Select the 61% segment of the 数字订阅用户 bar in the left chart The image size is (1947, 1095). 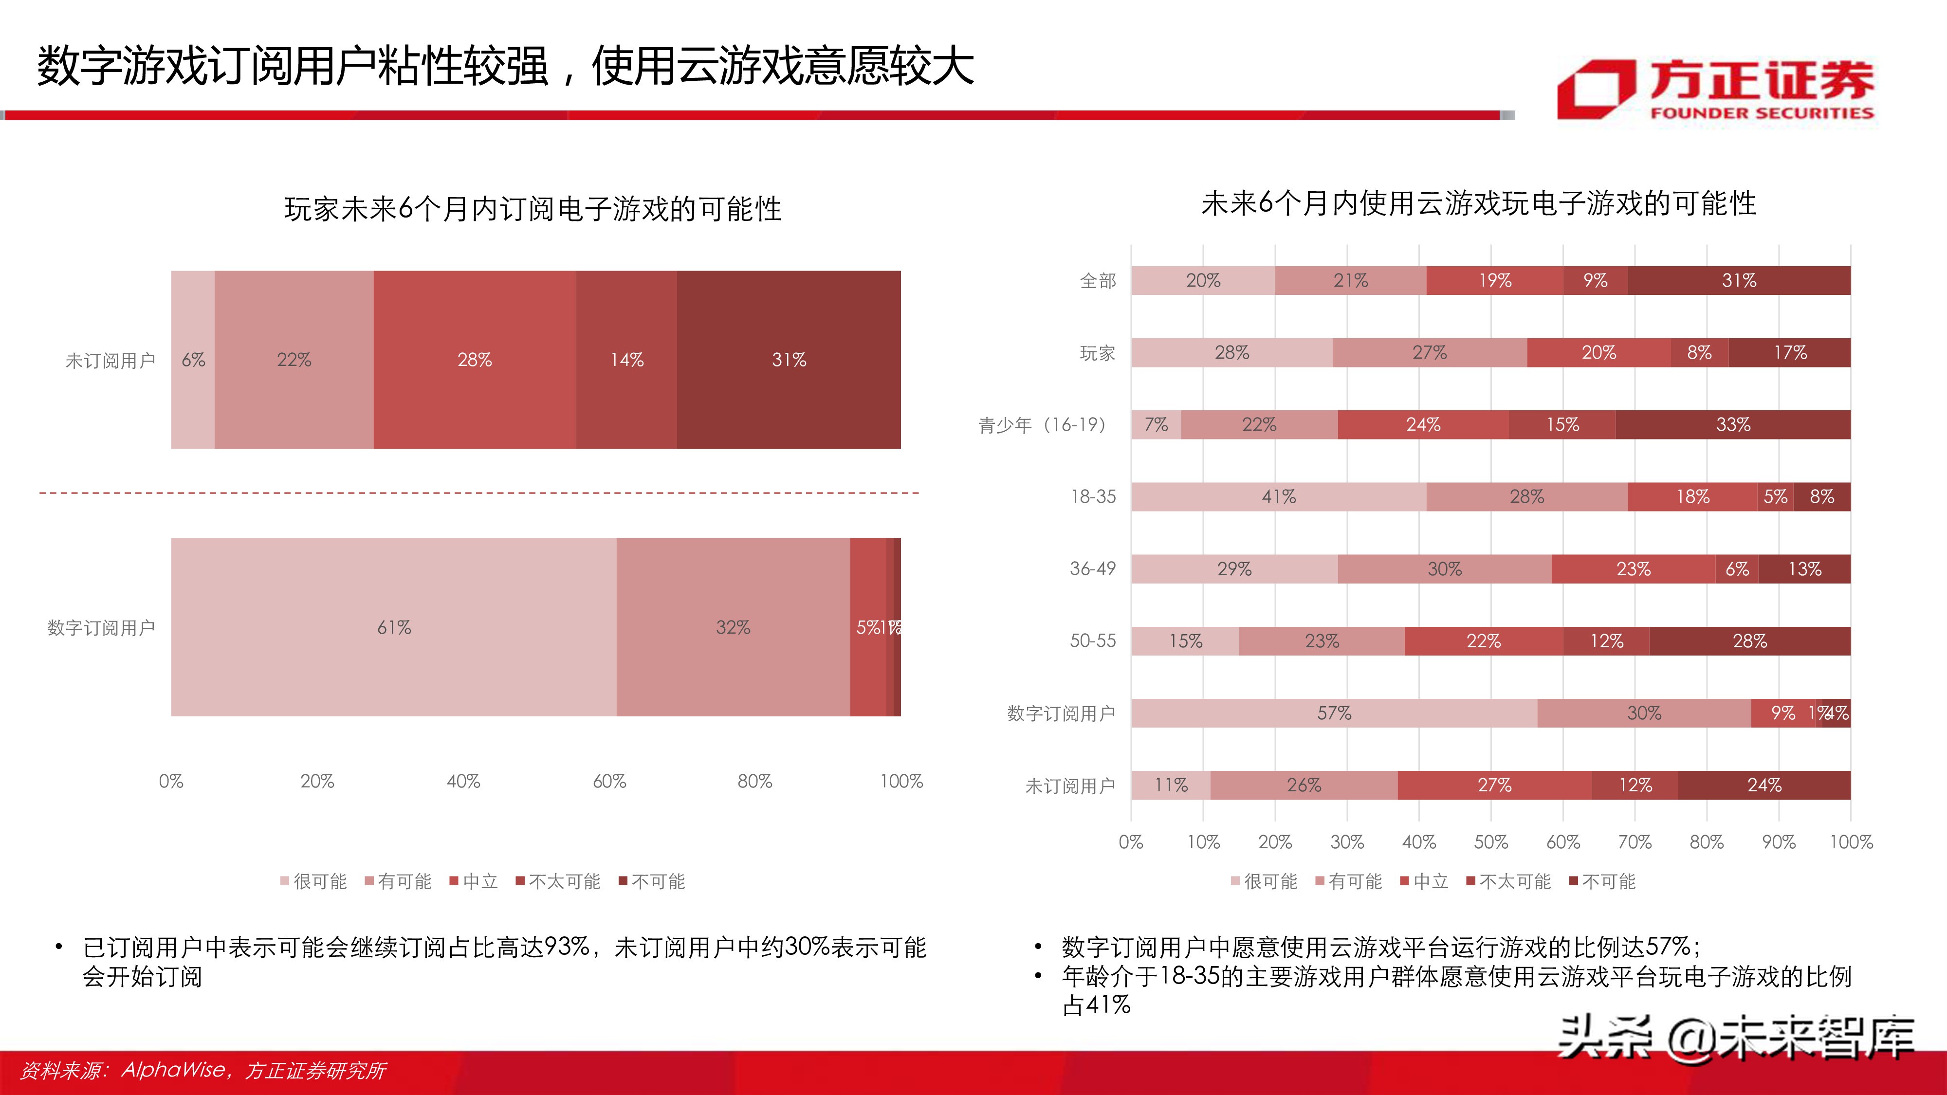pos(394,627)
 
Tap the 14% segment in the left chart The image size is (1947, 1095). pos(626,360)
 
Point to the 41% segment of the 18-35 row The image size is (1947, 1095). pos(1278,496)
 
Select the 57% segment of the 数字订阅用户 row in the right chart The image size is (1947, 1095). pos(1334,713)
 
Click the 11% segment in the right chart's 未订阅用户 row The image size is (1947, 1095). pos(1171,785)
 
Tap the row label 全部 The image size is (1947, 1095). pos(1098,281)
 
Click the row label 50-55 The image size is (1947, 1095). pos(1092,641)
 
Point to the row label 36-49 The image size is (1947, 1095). pos(1092,569)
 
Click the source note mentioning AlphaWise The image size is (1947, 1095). pos(202,1070)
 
